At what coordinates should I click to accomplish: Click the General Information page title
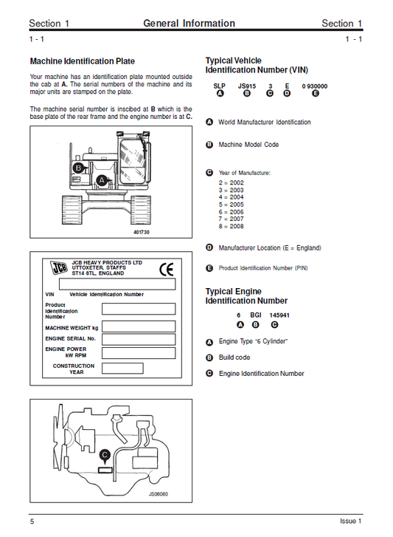(x=189, y=24)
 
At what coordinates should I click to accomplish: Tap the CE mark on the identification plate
(x=167, y=270)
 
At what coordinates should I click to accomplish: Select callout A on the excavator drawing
(x=102, y=179)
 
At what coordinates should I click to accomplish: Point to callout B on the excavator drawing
(x=77, y=168)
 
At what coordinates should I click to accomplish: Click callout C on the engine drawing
(x=105, y=454)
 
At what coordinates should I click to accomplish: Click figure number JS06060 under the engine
(x=159, y=494)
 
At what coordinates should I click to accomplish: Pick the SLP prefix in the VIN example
(x=219, y=86)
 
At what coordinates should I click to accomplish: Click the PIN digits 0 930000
(x=315, y=86)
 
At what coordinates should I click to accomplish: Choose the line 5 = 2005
(x=232, y=204)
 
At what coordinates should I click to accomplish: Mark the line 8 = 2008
(x=232, y=226)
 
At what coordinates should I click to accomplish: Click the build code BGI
(x=256, y=315)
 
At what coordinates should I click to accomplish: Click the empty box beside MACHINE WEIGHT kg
(x=138, y=326)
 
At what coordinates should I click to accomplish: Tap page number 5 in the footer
(x=32, y=521)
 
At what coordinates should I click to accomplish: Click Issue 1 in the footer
(x=350, y=521)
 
